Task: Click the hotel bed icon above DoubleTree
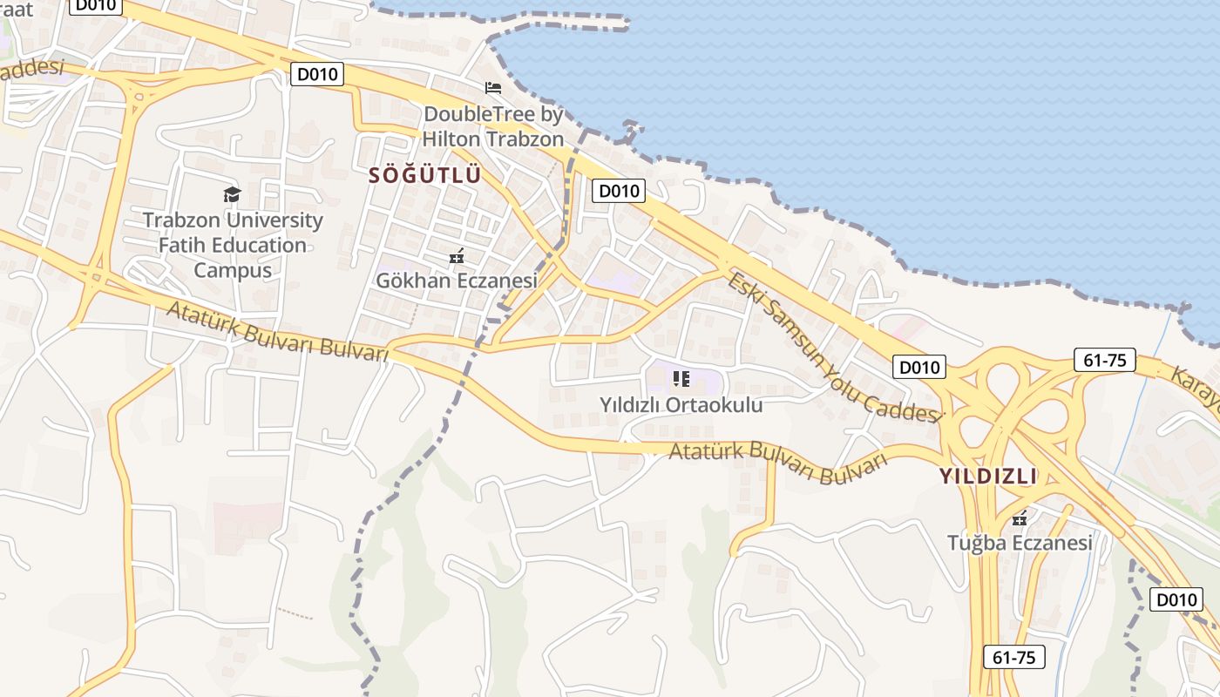[493, 88]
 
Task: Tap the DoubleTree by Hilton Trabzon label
[493, 126]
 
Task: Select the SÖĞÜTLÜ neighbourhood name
[424, 175]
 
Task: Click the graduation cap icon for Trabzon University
[232, 194]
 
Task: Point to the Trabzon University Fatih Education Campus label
[233, 245]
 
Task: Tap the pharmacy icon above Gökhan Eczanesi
[456, 256]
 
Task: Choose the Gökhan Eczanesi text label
[456, 281]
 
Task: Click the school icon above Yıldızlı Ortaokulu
[681, 378]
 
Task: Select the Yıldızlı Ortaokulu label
[681, 405]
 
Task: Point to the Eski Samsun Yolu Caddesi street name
[835, 347]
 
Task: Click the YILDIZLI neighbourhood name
[988, 477]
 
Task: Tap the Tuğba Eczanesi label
[1020, 543]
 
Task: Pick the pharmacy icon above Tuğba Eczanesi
[1020, 518]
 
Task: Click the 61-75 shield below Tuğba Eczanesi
[1013, 657]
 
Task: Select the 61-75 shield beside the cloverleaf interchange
[1104, 360]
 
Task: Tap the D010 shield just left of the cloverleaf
[918, 367]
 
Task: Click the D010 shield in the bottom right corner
[1176, 599]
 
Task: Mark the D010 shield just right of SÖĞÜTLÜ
[618, 191]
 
